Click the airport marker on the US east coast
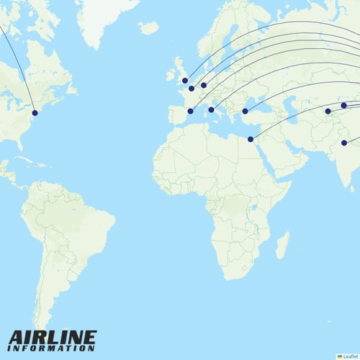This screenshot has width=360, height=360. [x=35, y=112]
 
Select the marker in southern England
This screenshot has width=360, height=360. [x=185, y=81]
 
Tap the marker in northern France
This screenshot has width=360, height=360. [x=192, y=89]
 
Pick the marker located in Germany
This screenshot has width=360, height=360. [x=204, y=85]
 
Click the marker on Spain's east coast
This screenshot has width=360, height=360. [x=190, y=111]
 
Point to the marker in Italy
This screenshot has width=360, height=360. [x=211, y=110]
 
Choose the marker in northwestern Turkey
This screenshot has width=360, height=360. [x=245, y=111]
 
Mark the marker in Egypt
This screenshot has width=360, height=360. [x=251, y=139]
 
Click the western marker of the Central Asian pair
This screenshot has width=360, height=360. [x=328, y=112]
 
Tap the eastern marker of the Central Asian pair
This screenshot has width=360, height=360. [x=343, y=106]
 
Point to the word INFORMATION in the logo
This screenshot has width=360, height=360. [x=52, y=348]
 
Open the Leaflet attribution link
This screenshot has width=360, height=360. [x=349, y=356]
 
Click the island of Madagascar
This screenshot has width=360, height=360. [x=283, y=245]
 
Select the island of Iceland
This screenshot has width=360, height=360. [x=149, y=28]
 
